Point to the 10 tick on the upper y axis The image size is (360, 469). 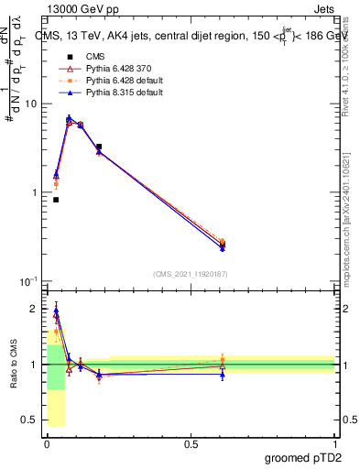(32, 104)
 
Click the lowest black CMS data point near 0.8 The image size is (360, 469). (56, 200)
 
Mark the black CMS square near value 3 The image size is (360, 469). (99, 147)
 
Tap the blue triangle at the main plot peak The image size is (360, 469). (69, 118)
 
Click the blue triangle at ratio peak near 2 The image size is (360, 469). (56, 311)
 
